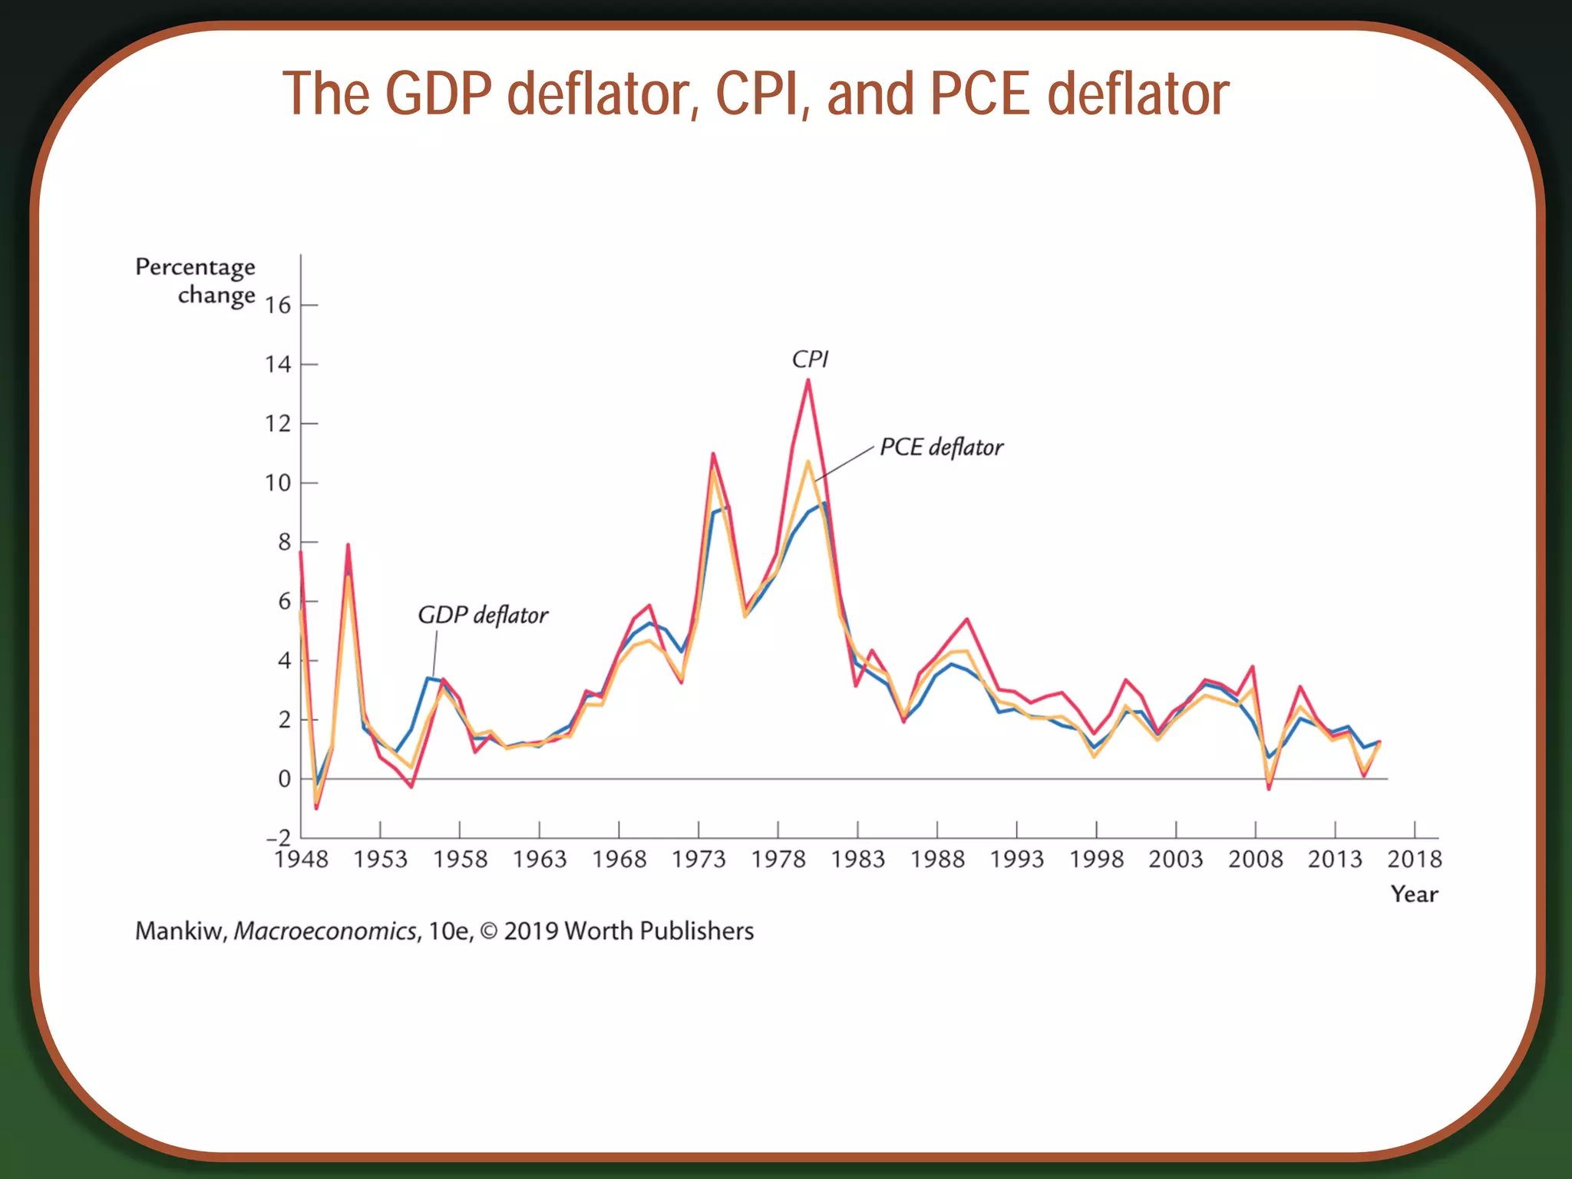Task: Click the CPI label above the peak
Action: [810, 359]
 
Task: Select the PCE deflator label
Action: [941, 447]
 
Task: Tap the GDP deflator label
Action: [483, 616]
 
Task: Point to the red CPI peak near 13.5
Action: [807, 381]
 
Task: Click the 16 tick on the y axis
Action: [278, 305]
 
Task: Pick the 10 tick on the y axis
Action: [278, 483]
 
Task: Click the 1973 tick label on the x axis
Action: [698, 859]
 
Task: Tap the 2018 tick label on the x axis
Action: [1414, 859]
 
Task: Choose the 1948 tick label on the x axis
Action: [301, 859]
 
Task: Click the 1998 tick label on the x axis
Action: [1096, 859]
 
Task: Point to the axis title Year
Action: [1414, 894]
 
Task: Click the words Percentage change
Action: [196, 281]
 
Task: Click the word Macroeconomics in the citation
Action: [325, 931]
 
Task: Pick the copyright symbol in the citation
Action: [488, 931]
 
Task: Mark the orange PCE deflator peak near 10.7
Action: [807, 462]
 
